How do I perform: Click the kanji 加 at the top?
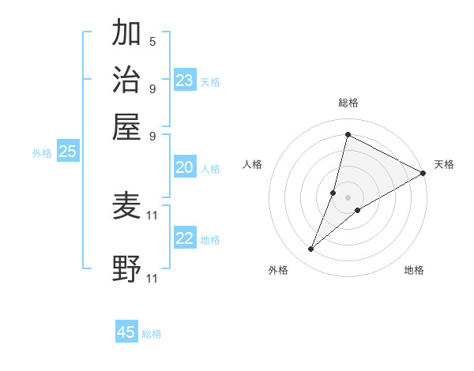(x=127, y=34)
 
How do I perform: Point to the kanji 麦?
(x=127, y=208)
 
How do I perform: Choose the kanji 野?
(x=127, y=268)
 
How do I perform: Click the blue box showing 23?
(x=185, y=81)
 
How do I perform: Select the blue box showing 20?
(x=185, y=167)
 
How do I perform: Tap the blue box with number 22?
(x=185, y=238)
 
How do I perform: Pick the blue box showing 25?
(x=68, y=152)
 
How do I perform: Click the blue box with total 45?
(x=126, y=332)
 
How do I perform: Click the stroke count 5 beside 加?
(x=152, y=42)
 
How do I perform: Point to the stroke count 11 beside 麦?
(x=152, y=215)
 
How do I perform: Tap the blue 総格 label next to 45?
(x=152, y=334)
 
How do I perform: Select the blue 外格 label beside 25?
(x=42, y=153)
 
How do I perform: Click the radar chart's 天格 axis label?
(x=444, y=164)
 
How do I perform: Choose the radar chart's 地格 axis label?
(x=414, y=270)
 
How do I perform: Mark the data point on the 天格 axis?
(x=423, y=173)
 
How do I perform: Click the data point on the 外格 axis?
(x=311, y=249)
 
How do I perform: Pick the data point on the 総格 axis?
(x=348, y=134)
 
